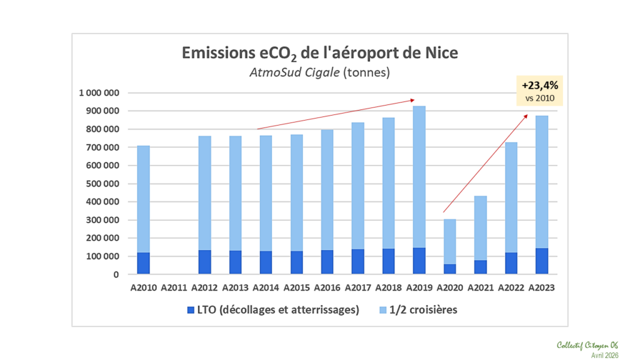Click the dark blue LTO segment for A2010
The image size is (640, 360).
pyautogui.click(x=143, y=263)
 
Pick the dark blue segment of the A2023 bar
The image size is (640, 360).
pyautogui.click(x=541, y=261)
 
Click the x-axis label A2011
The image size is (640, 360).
pyautogui.click(x=174, y=288)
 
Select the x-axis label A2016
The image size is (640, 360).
pyautogui.click(x=327, y=288)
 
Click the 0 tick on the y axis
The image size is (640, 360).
pyautogui.click(x=116, y=274)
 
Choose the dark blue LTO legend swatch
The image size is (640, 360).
pyautogui.click(x=191, y=310)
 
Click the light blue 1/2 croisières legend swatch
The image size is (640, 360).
pyautogui.click(x=384, y=310)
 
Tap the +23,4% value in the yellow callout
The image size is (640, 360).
pyautogui.click(x=539, y=86)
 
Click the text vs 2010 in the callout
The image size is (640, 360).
pyautogui.click(x=539, y=98)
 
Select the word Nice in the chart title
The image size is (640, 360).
pyautogui.click(x=441, y=52)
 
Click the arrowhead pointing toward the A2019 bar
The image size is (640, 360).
pyautogui.click(x=412, y=99)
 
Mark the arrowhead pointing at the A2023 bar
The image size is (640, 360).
pyautogui.click(x=526, y=116)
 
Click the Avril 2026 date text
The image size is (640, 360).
pyautogui.click(x=604, y=354)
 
